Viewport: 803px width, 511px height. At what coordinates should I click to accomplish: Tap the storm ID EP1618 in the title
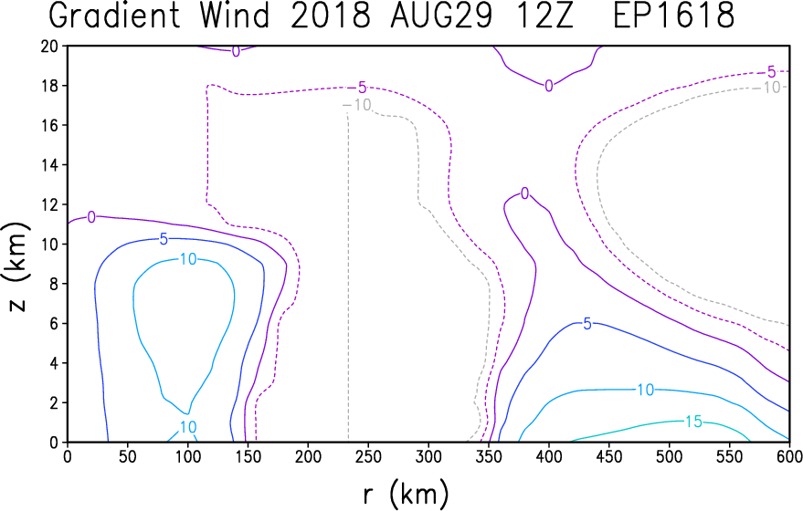pos(673,16)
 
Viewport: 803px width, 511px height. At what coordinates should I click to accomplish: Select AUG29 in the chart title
pos(441,16)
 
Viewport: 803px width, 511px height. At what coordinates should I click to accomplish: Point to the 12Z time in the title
pos(547,16)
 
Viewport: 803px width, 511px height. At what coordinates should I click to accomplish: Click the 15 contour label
pos(693,422)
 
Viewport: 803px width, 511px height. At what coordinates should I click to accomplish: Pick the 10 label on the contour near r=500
pos(645,390)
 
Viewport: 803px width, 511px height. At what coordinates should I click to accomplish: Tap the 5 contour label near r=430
pos(587,324)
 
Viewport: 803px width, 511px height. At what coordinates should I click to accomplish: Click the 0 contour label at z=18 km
pos(548,87)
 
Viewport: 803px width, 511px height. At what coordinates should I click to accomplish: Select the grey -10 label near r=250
pos(357,105)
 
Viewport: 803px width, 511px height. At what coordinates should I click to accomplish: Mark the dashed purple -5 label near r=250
pos(358,88)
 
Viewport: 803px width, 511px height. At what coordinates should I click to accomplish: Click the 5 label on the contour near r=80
pos(164,239)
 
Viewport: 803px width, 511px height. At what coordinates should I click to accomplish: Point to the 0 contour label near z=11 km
pos(91,217)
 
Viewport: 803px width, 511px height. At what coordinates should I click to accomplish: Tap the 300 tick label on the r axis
pos(428,456)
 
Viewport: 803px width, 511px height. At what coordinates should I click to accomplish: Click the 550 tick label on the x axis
pos(730,456)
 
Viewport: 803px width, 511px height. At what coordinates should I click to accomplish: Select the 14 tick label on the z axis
pos(49,165)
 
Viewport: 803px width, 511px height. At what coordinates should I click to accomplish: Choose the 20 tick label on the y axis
pos(49,46)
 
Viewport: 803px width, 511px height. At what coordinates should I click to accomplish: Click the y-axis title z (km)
pos(18,266)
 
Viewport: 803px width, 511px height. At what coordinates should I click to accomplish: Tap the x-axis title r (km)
pos(407,495)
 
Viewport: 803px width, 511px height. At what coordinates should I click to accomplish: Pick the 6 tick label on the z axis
pos(54,324)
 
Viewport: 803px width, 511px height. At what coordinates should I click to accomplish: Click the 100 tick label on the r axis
pos(188,456)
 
